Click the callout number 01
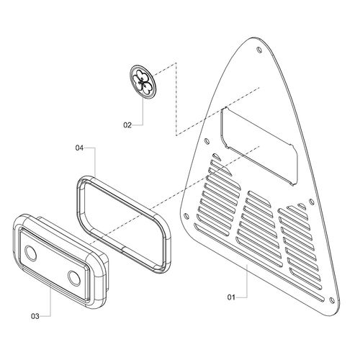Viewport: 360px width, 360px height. pyautogui.click(x=231, y=297)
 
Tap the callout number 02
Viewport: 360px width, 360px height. pyautogui.click(x=127, y=125)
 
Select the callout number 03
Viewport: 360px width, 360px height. pyautogui.click(x=35, y=316)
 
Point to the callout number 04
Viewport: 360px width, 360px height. pyautogui.click(x=79, y=148)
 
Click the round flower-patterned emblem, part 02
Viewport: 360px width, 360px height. pyautogui.click(x=143, y=82)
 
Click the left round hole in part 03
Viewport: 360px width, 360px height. pyautogui.click(x=31, y=253)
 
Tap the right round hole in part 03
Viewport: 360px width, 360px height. pyautogui.click(x=74, y=279)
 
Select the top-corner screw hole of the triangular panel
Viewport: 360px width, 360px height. pyautogui.click(x=259, y=50)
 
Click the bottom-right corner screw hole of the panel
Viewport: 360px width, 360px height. pyautogui.click(x=332, y=300)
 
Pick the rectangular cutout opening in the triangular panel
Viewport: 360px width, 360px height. pyautogui.click(x=259, y=146)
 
